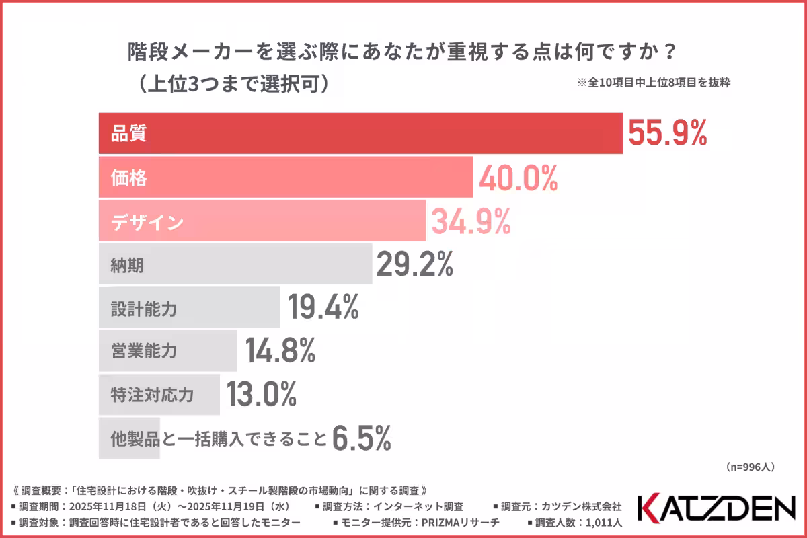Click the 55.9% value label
point(667,133)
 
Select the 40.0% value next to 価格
point(518,178)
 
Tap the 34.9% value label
point(470,222)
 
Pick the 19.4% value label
point(323,307)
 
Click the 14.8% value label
point(280,350)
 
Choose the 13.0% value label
point(262,394)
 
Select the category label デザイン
point(147,223)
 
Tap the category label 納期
point(128,266)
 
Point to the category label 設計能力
point(144,309)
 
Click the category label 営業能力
point(144,351)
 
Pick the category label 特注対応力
point(152,395)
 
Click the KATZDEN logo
point(716,508)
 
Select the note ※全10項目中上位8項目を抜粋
point(654,84)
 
